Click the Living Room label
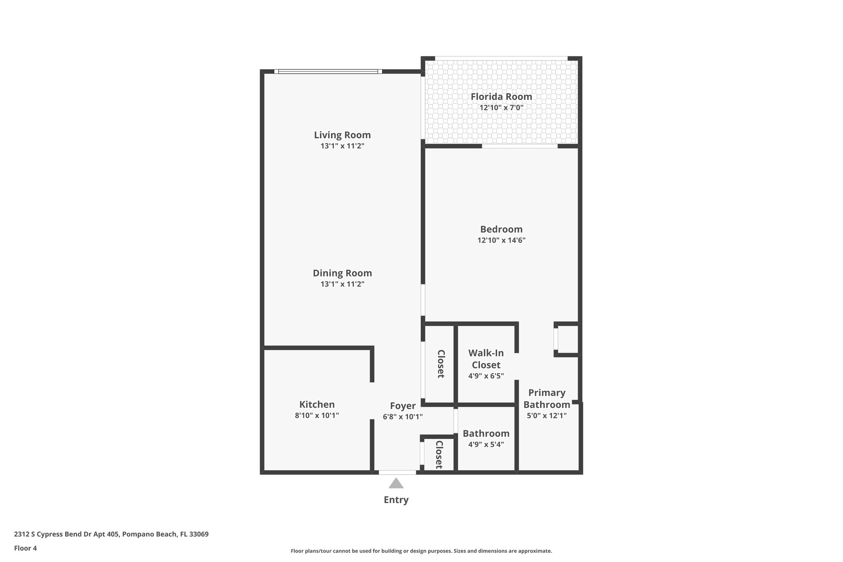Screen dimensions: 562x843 click(x=342, y=135)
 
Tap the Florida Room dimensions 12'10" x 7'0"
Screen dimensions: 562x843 click(x=501, y=108)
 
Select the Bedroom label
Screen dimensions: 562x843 click(x=501, y=229)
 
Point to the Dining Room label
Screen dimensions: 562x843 click(x=342, y=273)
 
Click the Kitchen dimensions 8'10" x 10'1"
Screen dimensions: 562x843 click(x=317, y=415)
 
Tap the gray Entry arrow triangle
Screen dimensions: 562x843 click(x=396, y=484)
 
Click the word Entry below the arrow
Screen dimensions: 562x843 click(x=396, y=500)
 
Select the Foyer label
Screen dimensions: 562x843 click(x=403, y=406)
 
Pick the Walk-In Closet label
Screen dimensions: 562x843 click(x=486, y=359)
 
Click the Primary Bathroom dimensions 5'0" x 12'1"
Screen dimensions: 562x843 click(x=546, y=415)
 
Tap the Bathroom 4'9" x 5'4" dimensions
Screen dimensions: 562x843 click(x=486, y=444)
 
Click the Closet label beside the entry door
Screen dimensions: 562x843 click(x=439, y=455)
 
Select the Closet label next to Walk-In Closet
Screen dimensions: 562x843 click(x=440, y=364)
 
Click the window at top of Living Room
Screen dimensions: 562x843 click(x=328, y=72)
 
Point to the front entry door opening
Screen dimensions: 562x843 click(x=397, y=472)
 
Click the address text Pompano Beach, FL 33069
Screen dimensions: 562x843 click(x=165, y=534)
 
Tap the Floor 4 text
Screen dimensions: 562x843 click(x=26, y=548)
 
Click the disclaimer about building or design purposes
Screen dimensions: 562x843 click(x=421, y=551)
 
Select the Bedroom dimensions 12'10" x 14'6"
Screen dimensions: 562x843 click(x=501, y=240)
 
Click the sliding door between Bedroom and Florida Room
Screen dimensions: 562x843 click(x=519, y=146)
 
